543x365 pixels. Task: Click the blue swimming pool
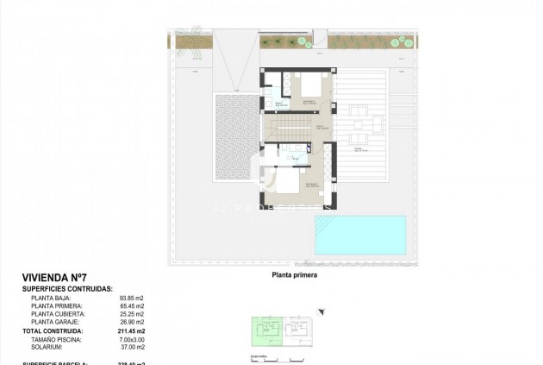click(x=359, y=234)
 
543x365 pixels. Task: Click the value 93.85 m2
click(x=132, y=299)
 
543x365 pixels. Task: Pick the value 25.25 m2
click(x=132, y=314)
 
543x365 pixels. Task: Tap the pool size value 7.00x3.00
click(x=132, y=338)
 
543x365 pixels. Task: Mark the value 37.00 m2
click(x=132, y=346)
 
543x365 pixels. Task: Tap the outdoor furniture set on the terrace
click(x=359, y=120)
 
